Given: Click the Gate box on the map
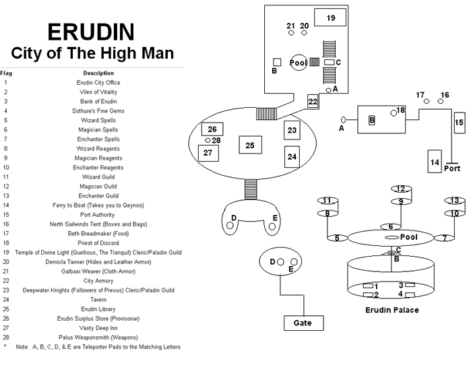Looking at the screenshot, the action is tap(303, 323).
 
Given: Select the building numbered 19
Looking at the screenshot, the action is tap(330, 18).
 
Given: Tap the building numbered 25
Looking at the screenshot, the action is tap(250, 145).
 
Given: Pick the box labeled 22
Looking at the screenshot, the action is tap(313, 102).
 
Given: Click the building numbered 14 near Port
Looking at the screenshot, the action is tap(435, 161).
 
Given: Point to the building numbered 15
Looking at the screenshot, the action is tap(459, 123).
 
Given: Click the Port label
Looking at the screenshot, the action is tap(452, 168).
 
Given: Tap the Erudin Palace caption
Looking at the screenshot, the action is tap(392, 310).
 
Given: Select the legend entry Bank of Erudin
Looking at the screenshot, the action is tap(98, 102).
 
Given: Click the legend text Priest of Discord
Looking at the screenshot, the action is tap(98, 243).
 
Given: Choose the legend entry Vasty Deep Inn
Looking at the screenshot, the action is tap(98, 328).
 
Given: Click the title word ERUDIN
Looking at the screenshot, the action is tap(91, 32).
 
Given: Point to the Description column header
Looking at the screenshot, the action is tap(98, 73).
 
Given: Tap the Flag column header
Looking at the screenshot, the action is tap(6, 73).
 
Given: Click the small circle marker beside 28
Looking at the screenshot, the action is tap(208, 141).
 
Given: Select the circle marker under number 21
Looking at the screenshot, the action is tap(291, 33).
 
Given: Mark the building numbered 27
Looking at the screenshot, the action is tap(208, 153).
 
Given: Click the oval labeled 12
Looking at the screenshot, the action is tap(401, 189).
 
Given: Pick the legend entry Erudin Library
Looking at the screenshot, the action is tap(98, 309).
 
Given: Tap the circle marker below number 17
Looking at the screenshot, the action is tap(427, 102).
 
